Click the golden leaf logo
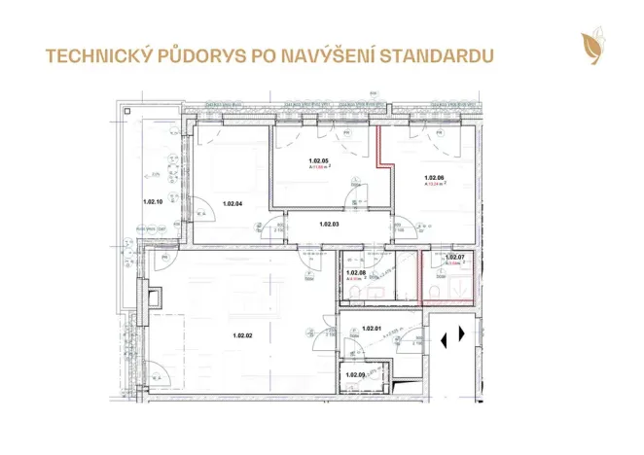590,46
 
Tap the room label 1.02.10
153,202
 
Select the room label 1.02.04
232,204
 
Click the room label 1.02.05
318,160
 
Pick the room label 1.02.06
434,178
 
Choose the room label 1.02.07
454,258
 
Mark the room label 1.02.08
355,273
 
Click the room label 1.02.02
242,335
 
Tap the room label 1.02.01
371,329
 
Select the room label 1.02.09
355,374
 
